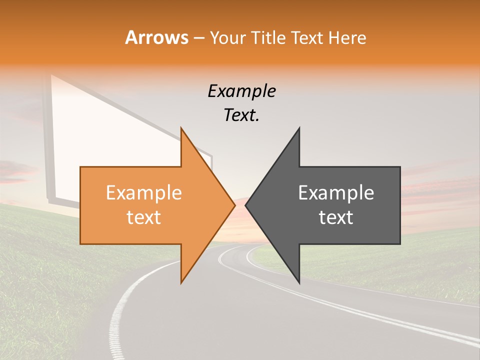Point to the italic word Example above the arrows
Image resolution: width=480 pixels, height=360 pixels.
[242, 91]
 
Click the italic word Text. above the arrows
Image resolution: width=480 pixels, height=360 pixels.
[242, 115]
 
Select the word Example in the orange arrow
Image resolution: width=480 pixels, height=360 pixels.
[144, 193]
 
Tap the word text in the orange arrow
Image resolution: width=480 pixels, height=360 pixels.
[144, 217]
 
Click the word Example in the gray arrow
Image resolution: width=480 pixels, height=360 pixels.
[336, 193]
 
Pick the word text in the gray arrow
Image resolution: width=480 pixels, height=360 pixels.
[336, 217]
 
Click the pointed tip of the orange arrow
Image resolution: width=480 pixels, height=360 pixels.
[234, 205]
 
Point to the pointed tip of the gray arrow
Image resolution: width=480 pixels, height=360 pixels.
[246, 205]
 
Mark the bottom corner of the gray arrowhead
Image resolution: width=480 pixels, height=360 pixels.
[299, 282]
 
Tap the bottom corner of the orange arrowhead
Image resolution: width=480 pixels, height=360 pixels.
[181, 282]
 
